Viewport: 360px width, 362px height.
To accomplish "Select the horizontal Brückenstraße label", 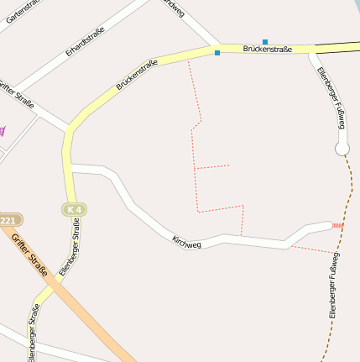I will (267, 50).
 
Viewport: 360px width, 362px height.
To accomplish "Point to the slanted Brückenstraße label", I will (137, 73).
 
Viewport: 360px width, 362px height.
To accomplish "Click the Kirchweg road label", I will (186, 241).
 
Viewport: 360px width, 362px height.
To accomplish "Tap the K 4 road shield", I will (74, 209).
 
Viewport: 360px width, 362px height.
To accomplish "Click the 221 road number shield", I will (8, 220).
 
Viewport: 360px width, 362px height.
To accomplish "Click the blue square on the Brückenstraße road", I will (217, 53).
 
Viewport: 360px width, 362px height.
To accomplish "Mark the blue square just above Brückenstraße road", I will (265, 41).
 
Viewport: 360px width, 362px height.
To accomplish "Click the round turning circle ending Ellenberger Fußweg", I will (342, 149).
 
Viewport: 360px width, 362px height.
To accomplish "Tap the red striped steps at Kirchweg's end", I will (337, 225).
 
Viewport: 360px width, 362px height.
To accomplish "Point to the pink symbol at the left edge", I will (3, 130).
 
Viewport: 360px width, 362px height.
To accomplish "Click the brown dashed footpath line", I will (348, 193).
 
